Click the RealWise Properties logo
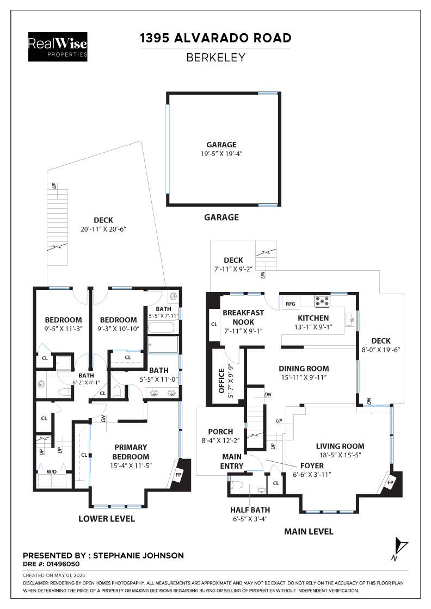(x=58, y=47)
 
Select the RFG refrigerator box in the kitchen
(x=290, y=304)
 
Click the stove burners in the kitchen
(x=322, y=301)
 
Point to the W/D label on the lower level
(x=52, y=471)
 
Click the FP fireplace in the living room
(x=390, y=482)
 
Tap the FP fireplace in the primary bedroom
(x=178, y=475)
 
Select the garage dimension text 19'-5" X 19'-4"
(x=221, y=153)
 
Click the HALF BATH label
(x=250, y=510)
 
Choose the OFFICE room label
(x=221, y=381)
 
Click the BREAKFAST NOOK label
(x=243, y=318)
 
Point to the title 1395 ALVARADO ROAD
(x=215, y=38)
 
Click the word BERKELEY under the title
(x=215, y=58)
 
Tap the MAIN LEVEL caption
(x=309, y=531)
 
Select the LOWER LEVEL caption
(x=107, y=519)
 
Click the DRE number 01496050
(x=63, y=564)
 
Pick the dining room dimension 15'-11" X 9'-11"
(x=304, y=377)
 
